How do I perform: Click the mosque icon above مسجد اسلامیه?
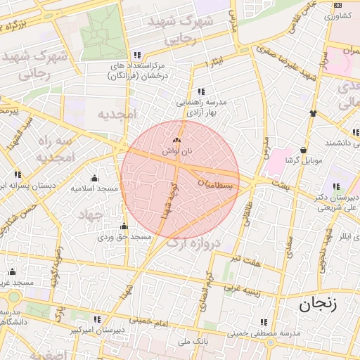click(94, 178)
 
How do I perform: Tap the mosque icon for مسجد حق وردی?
click(124, 226)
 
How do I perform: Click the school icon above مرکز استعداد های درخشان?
click(137, 55)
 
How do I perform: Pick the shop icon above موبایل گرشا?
click(303, 150)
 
